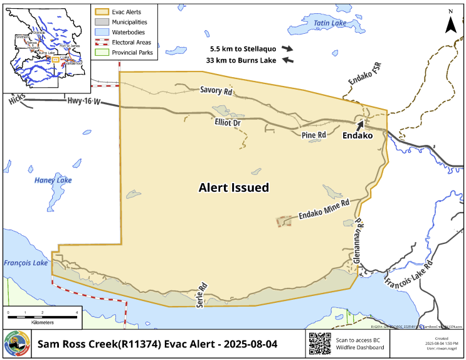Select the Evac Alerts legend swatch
pyautogui.click(x=101, y=11)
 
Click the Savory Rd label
pyautogui.click(x=216, y=91)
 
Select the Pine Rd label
pyautogui.click(x=314, y=135)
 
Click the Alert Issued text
pyautogui.click(x=233, y=188)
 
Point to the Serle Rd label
pyautogui.click(x=203, y=293)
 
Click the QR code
pyautogui.click(x=320, y=344)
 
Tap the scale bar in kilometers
pyautogui.click(x=42, y=312)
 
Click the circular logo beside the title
pyautogui.click(x=16, y=344)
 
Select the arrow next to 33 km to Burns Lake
pyautogui.click(x=288, y=60)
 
